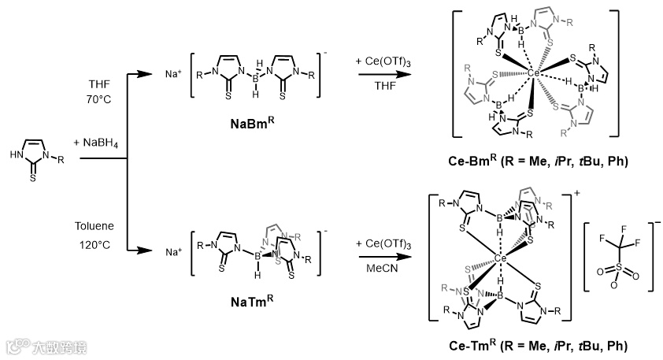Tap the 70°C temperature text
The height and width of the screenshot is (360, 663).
[x=101, y=100]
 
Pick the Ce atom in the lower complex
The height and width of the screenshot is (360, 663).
[x=500, y=257]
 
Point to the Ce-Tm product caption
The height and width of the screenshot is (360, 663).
[x=539, y=346]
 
